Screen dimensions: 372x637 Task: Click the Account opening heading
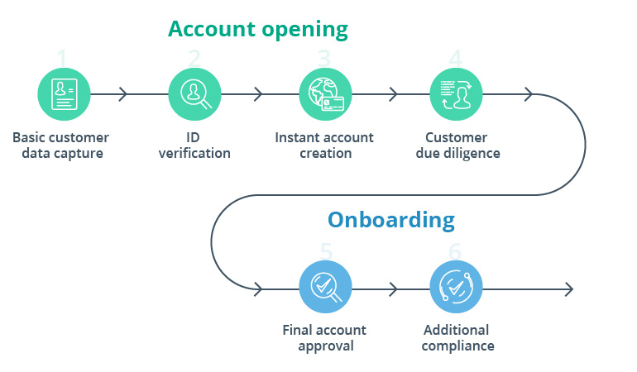click(257, 29)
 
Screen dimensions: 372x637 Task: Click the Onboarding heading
click(390, 220)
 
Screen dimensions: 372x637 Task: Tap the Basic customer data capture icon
click(64, 93)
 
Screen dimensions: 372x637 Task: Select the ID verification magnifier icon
click(194, 93)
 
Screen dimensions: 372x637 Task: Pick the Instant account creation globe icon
click(325, 93)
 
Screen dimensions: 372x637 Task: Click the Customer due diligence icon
click(456, 93)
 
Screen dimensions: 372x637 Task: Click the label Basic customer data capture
click(60, 145)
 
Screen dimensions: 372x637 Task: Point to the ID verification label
click(194, 145)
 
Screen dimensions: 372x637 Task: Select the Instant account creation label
click(324, 145)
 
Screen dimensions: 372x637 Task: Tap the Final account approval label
click(324, 337)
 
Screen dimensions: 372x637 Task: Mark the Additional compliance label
click(457, 337)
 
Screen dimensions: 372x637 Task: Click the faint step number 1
click(63, 58)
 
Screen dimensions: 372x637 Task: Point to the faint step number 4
click(455, 58)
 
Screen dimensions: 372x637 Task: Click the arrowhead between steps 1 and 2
click(123, 94)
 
